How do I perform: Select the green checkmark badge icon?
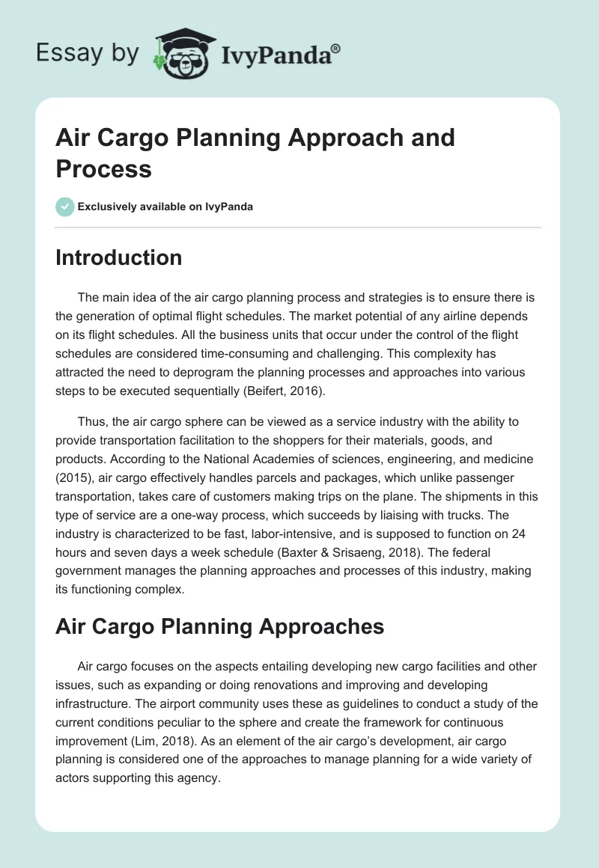64,207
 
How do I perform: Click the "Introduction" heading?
118,257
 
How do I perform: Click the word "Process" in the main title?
104,168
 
